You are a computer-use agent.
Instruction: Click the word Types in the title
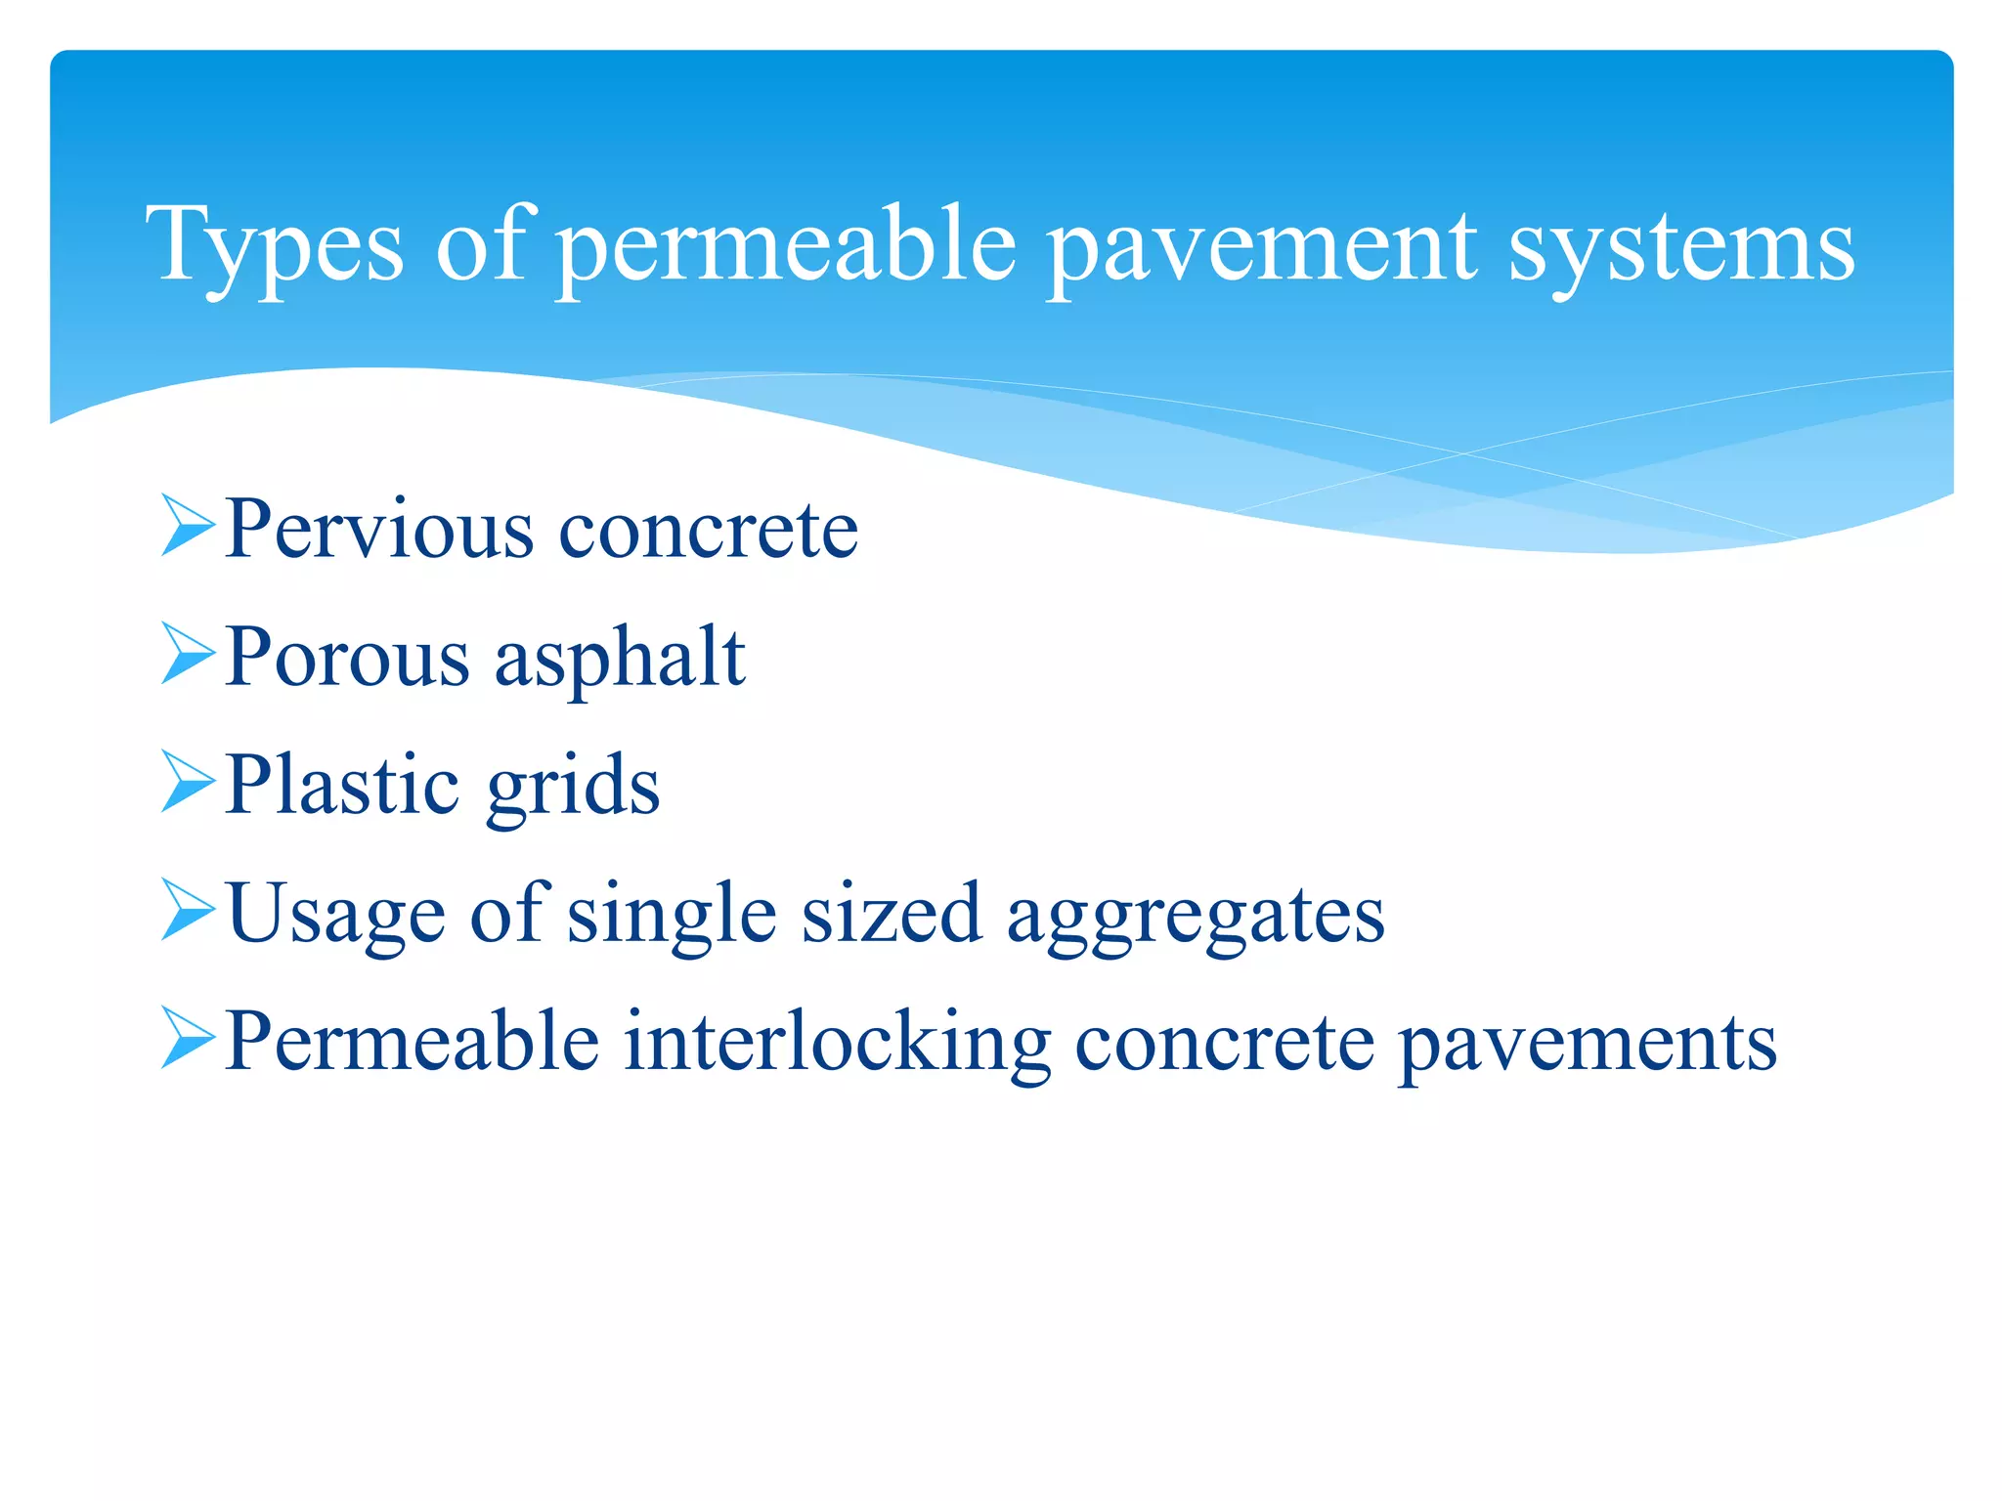coord(275,246)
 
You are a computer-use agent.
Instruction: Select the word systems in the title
coord(1681,246)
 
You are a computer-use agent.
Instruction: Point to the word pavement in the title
coord(1261,246)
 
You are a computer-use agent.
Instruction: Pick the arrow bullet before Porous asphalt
coord(187,654)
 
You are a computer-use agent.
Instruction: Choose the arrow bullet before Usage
coord(187,910)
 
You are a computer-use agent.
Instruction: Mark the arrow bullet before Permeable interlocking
coord(187,1039)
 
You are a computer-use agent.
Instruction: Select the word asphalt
coord(620,658)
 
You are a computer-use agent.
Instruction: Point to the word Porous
coord(348,658)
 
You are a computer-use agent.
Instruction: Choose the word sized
coord(892,914)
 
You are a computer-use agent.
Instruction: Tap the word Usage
coord(336,914)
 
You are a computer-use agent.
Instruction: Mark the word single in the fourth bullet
coord(673,914)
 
